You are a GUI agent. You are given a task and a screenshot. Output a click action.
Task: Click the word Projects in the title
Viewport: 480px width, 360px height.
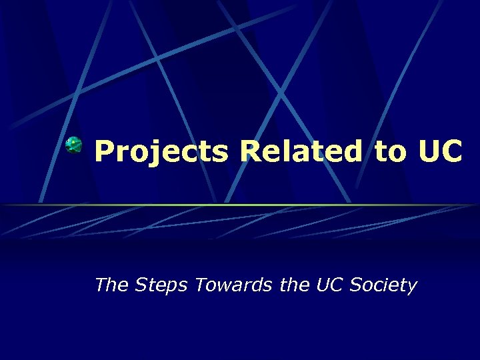162,151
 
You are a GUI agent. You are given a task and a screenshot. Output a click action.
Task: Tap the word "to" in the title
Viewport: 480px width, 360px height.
389,152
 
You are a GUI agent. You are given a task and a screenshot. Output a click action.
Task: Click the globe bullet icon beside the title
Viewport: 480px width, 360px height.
74,144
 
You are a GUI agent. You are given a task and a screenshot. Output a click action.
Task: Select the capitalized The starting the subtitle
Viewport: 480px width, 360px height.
112,285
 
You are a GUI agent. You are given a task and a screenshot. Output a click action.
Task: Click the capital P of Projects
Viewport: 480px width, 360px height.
105,151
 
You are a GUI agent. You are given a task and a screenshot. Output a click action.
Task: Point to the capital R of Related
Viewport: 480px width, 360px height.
252,151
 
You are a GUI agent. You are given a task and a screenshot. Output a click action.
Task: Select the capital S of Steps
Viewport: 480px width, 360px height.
141,285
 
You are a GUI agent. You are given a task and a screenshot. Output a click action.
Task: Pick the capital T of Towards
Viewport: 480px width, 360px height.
199,285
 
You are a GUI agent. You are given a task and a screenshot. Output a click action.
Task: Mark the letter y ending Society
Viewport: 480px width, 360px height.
411,288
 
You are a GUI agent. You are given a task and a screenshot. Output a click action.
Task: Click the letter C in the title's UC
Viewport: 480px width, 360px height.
451,151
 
